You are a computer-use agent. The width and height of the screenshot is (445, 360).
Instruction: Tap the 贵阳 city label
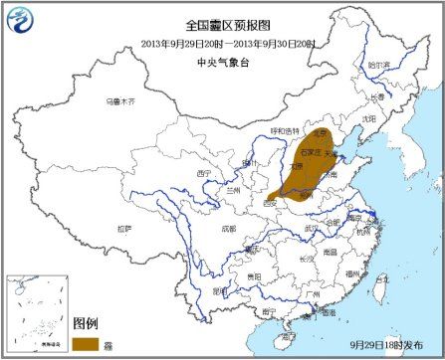coord(253,275)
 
